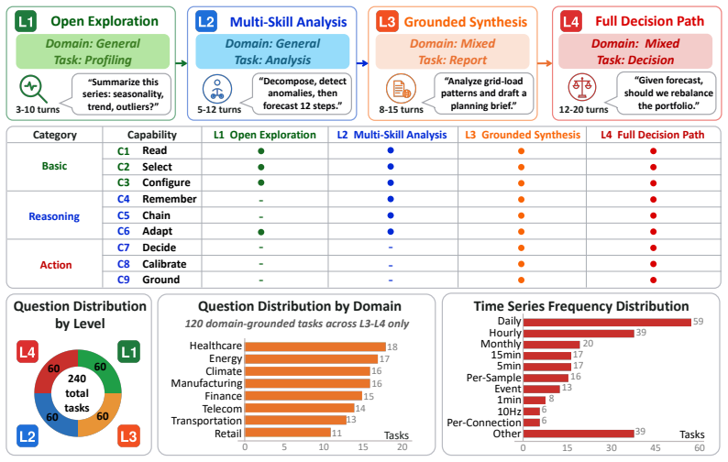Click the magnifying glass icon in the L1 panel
(33, 89)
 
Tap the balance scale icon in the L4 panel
(582, 87)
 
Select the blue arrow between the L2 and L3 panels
(362, 63)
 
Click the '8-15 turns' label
(402, 110)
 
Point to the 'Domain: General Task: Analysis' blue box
(272, 51)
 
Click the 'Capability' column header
(152, 135)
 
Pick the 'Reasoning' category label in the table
(54, 216)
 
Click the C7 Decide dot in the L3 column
(522, 247)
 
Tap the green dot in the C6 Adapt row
(261, 232)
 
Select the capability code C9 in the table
(124, 280)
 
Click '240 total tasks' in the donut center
(77, 393)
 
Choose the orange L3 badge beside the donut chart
(128, 436)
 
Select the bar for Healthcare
(315, 346)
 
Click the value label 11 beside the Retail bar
(336, 434)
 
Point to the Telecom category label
(222, 409)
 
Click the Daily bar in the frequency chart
(607, 323)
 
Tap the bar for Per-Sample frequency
(546, 378)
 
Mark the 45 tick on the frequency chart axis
(655, 447)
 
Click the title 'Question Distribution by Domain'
(300, 306)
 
